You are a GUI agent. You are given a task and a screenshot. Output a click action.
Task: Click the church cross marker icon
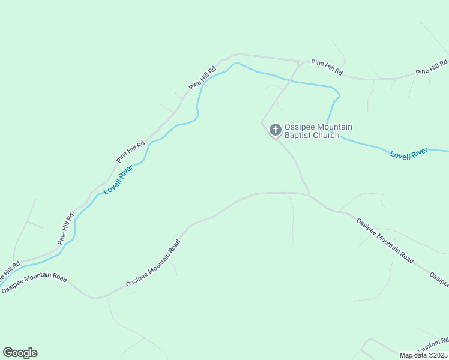[x=275, y=130]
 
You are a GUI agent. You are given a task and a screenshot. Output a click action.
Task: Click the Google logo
[x=20, y=353]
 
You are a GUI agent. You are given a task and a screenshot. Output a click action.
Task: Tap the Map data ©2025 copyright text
[x=424, y=355]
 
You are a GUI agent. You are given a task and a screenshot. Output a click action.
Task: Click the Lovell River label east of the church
[x=409, y=154]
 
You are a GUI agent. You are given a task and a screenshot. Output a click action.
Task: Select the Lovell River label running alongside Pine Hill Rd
[x=118, y=181]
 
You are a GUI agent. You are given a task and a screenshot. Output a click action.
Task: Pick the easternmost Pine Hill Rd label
[x=432, y=67]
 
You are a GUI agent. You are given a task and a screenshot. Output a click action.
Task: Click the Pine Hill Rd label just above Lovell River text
[x=131, y=152]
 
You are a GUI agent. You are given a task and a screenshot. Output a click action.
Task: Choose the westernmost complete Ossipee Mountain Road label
[x=34, y=283]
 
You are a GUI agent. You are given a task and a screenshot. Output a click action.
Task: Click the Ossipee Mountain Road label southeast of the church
[x=384, y=240]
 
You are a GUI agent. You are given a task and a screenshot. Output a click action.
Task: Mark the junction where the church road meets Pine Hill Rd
[x=300, y=62]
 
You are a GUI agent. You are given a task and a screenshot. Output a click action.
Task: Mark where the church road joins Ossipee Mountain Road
[x=309, y=194]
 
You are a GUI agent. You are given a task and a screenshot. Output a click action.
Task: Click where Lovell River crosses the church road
[x=291, y=79]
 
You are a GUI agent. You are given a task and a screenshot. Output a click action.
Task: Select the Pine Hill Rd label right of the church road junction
[x=327, y=67]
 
